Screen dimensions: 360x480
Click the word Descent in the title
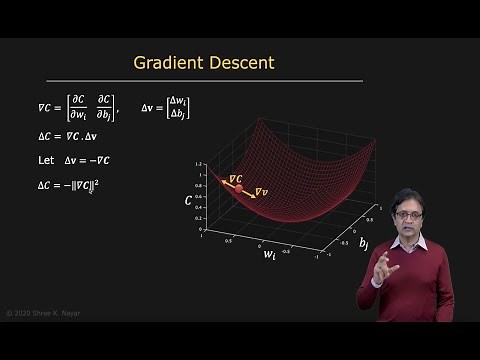243,63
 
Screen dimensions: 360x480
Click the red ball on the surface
239,188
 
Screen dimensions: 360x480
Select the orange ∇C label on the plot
236,178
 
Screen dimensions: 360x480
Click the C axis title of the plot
188,200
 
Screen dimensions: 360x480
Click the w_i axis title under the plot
269,255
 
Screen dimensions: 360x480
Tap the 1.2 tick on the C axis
200,163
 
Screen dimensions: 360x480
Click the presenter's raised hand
384,268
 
